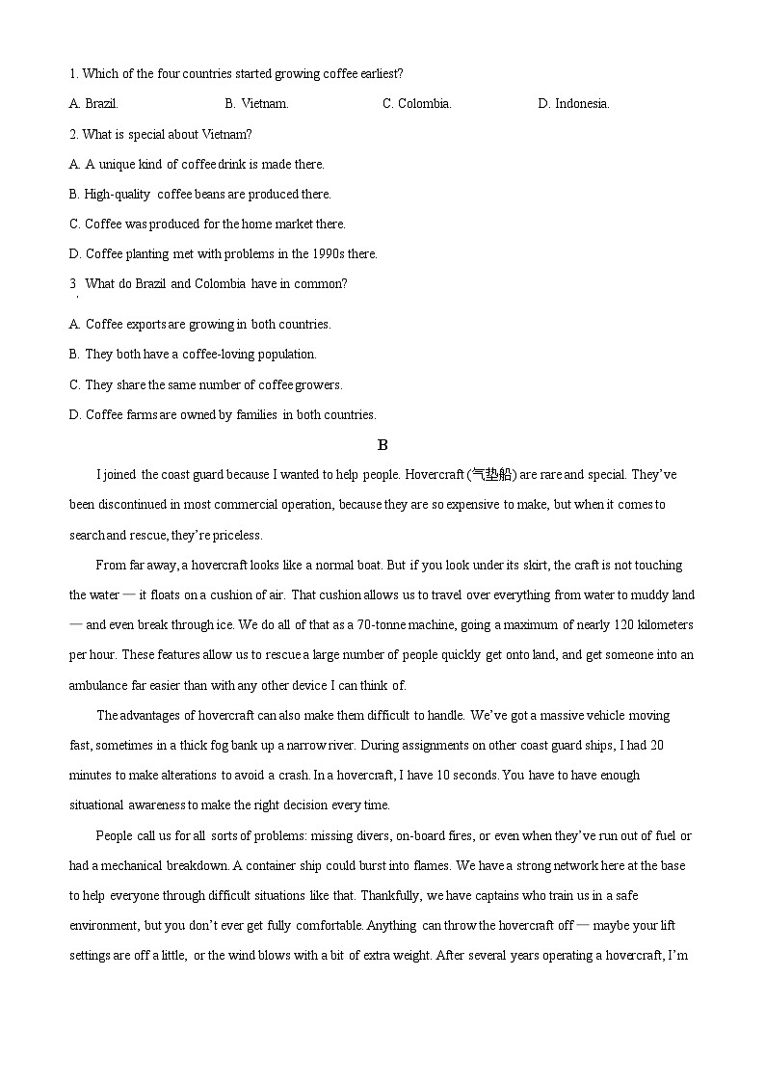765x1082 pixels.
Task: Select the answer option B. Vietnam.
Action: pos(256,104)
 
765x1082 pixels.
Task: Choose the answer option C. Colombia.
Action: pos(417,104)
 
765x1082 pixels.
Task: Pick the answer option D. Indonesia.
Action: pos(573,104)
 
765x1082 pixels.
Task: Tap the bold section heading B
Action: pos(382,445)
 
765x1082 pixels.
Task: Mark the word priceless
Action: pos(237,536)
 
